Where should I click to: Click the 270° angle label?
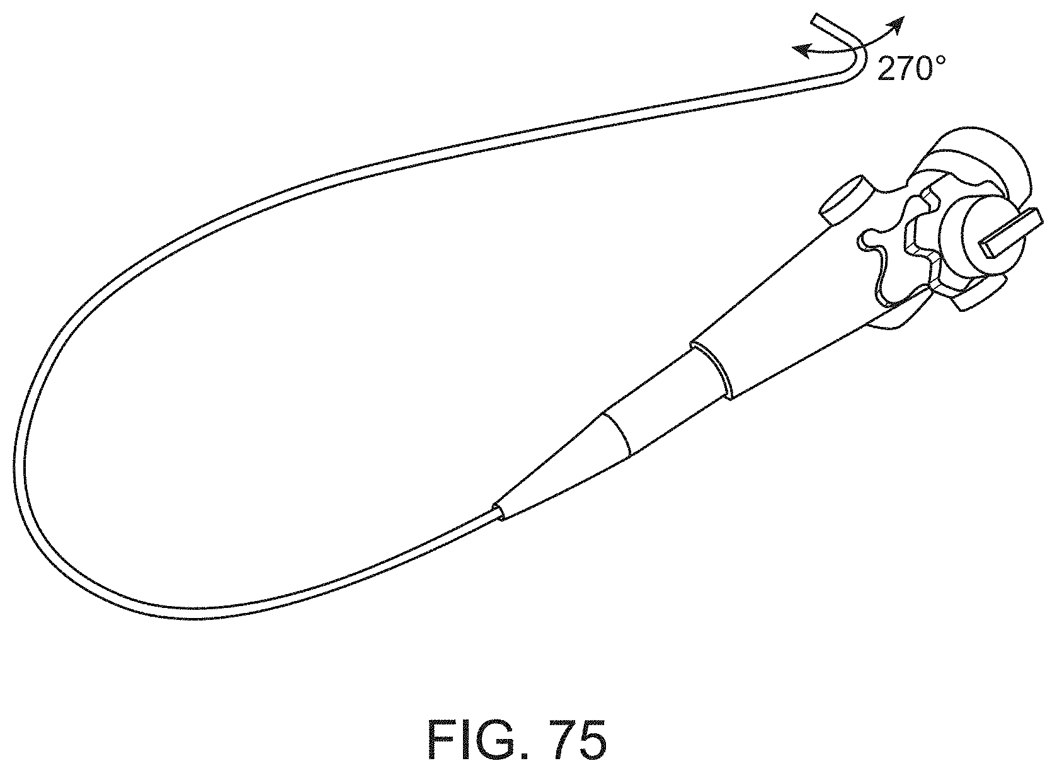point(911,68)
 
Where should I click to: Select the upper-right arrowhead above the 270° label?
point(898,23)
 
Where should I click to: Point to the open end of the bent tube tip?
point(816,19)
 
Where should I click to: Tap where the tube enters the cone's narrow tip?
point(498,510)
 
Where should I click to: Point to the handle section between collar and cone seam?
point(668,403)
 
